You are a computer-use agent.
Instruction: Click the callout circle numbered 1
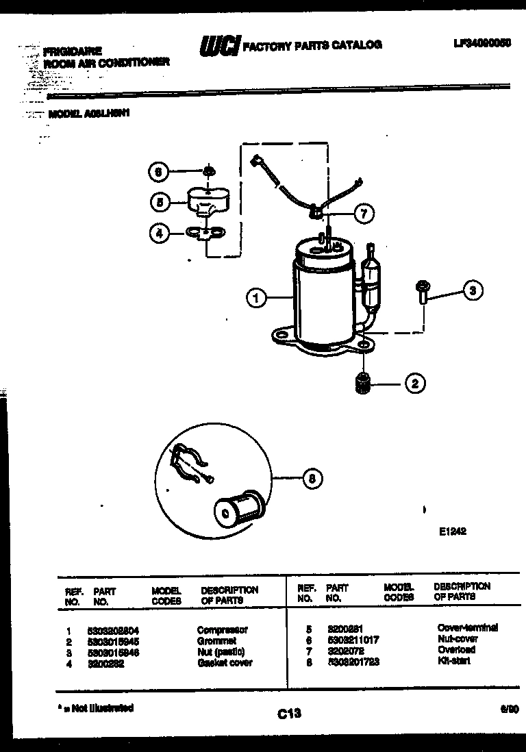pos(255,298)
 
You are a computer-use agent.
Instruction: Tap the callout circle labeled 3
pos(473,290)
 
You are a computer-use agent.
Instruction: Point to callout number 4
pos(160,234)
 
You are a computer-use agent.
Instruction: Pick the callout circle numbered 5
pos(160,201)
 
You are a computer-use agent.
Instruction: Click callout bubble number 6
pos(159,172)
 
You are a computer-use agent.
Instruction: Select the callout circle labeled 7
pos(363,214)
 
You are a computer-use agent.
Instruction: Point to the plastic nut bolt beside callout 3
pos(421,291)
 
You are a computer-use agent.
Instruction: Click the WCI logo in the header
pos(218,46)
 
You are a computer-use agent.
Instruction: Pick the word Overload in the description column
pos(456,649)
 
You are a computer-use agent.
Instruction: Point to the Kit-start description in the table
pos(453,660)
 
